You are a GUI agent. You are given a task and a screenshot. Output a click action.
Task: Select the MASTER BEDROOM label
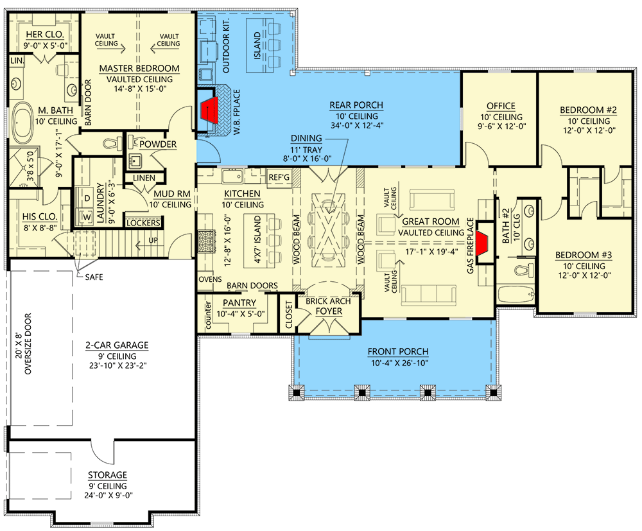tap(139, 69)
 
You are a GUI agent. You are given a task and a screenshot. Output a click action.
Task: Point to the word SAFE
tap(94, 277)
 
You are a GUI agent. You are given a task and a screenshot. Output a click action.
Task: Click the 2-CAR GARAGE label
tap(117, 345)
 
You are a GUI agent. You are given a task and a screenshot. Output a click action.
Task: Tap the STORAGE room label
tap(107, 475)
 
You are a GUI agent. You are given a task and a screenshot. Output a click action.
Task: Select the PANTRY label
tap(239, 302)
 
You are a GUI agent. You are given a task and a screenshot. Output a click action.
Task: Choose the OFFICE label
tap(501, 106)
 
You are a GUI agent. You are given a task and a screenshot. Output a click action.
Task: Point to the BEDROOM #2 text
tap(588, 110)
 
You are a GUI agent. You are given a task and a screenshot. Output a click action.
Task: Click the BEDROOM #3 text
tap(583, 255)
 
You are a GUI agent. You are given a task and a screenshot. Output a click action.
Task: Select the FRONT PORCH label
tap(397, 352)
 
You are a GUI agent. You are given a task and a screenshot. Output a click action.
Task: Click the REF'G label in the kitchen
tap(279, 177)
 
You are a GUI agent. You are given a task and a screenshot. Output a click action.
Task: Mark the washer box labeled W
tap(87, 216)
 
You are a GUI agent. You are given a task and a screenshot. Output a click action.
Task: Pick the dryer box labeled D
tap(87, 199)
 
